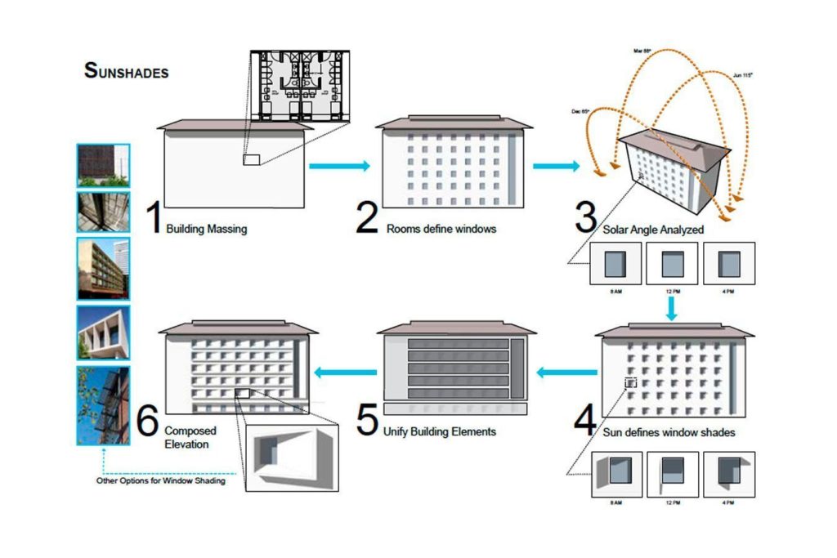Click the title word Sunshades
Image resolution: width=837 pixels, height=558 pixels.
click(x=126, y=70)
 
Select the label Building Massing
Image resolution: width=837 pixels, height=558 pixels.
click(x=206, y=230)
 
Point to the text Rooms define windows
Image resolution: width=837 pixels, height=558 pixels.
click(x=441, y=229)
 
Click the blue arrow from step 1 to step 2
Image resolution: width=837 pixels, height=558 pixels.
click(x=339, y=166)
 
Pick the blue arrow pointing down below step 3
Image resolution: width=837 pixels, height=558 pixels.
click(x=671, y=307)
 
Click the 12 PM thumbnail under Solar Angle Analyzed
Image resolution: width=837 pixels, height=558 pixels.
click(x=671, y=263)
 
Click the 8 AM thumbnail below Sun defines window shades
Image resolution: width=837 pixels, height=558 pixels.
click(x=615, y=474)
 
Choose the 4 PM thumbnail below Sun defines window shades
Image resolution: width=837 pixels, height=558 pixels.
click(x=728, y=474)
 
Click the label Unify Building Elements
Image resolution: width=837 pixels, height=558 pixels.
click(x=439, y=431)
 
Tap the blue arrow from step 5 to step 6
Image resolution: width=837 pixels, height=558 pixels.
click(x=346, y=373)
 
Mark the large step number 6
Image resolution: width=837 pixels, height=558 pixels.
click(x=147, y=420)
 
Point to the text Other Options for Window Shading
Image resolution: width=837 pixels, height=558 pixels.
click(x=160, y=480)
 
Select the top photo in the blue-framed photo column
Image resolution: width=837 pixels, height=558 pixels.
click(x=103, y=165)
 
